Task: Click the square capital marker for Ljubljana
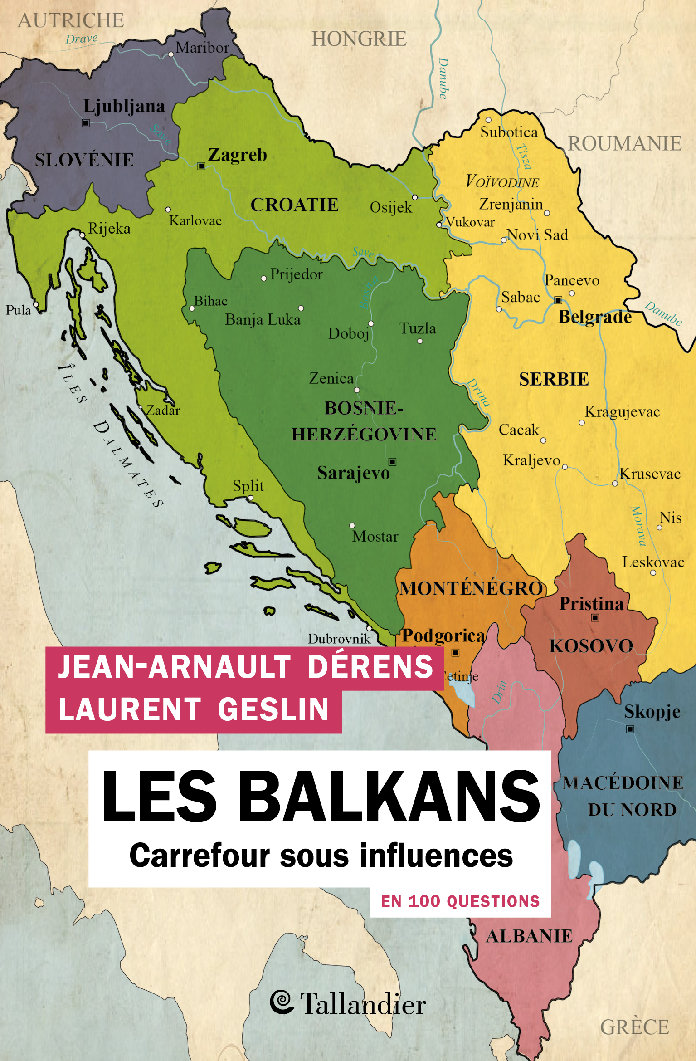click(86, 123)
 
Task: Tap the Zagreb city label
click(237, 155)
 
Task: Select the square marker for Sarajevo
click(393, 462)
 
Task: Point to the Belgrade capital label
click(594, 317)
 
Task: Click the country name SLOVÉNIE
click(84, 160)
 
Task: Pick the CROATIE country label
click(294, 205)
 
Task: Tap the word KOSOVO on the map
click(591, 646)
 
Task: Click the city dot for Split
click(251, 498)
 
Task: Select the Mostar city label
click(375, 537)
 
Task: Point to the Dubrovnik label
click(339, 639)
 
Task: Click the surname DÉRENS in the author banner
click(370, 666)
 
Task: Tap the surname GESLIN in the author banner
click(273, 709)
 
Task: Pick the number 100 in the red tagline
click(424, 901)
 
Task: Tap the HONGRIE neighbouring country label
click(359, 39)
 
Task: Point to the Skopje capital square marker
click(630, 729)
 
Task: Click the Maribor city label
click(202, 48)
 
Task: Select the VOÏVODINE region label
click(502, 182)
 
